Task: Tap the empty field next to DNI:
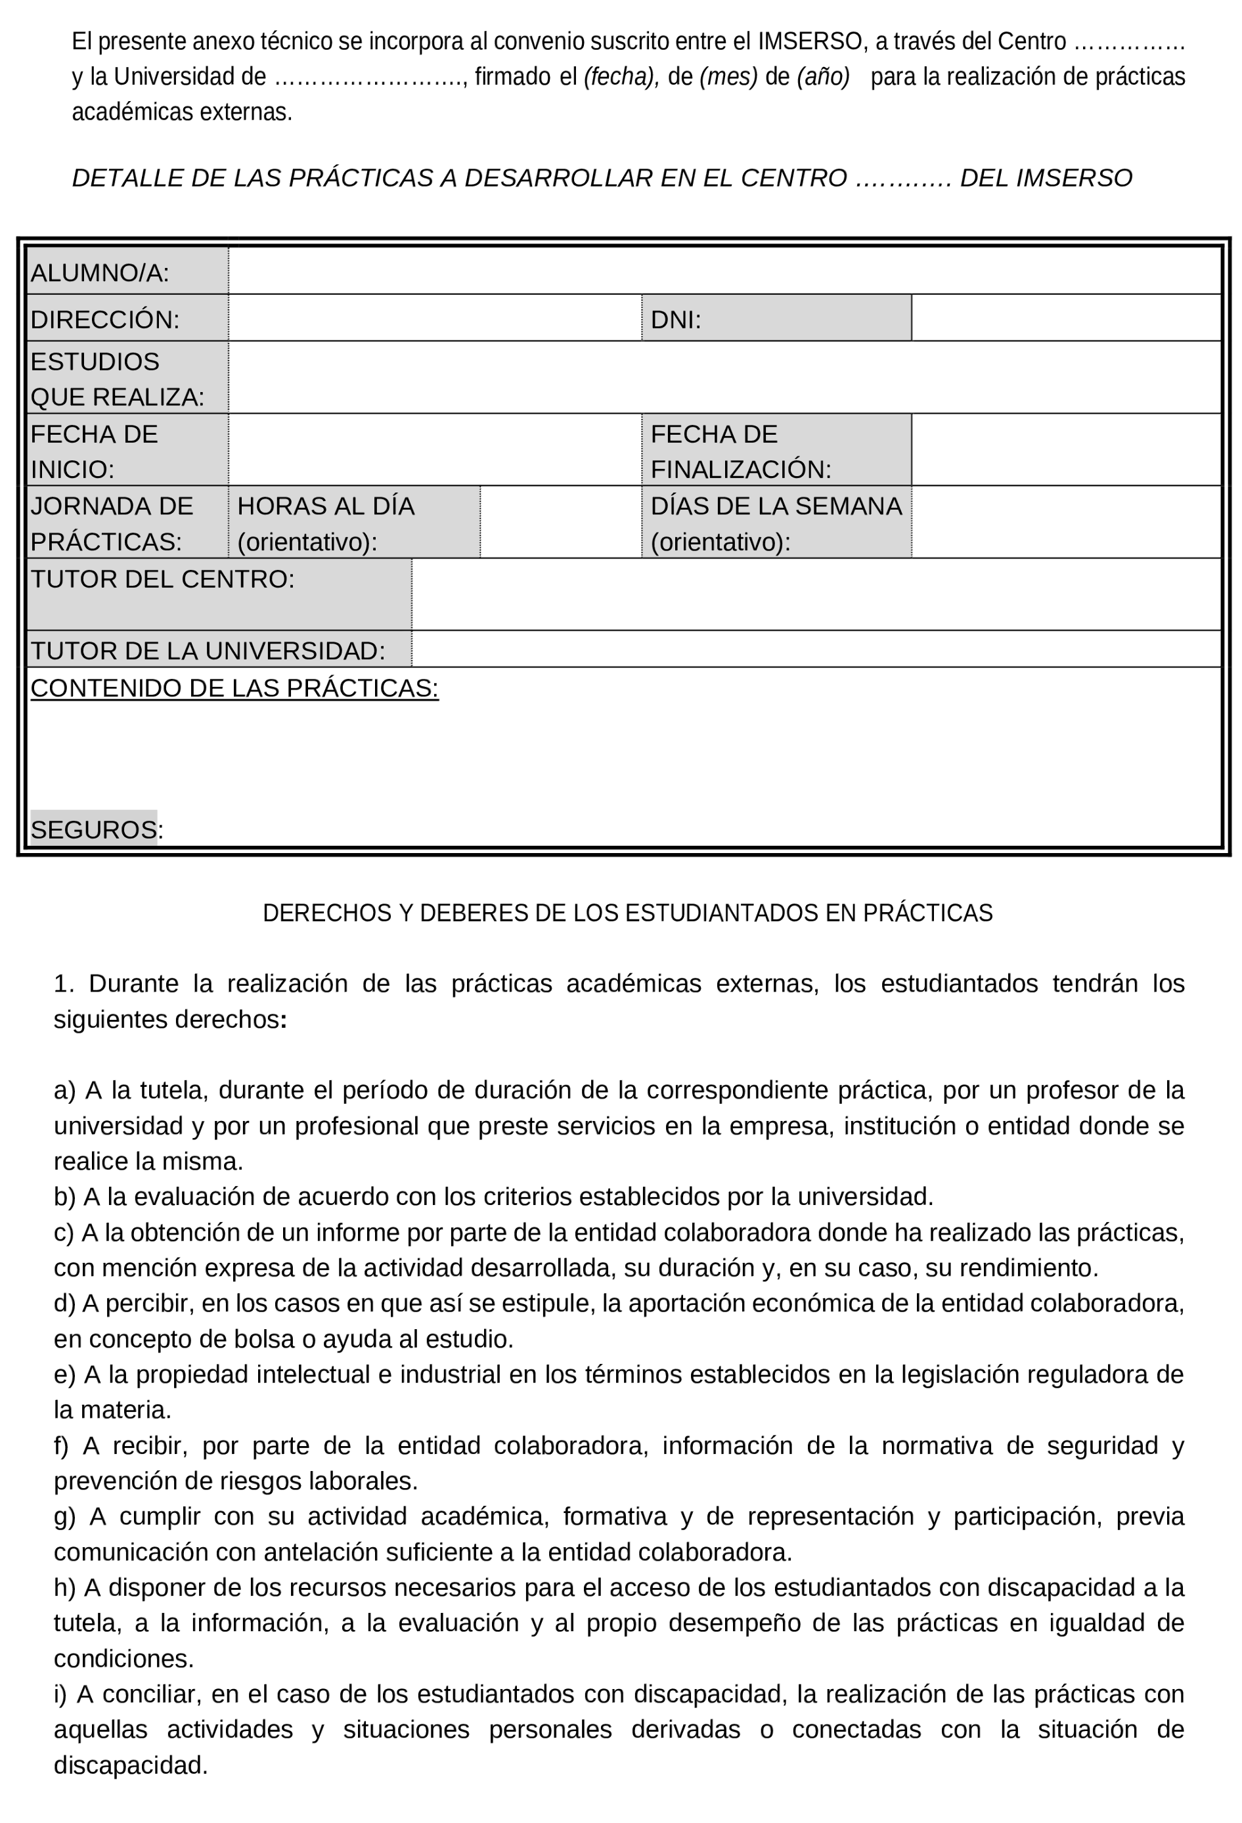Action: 1065,318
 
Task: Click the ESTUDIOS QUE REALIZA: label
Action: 117,379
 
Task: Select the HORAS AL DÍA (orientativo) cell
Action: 326,523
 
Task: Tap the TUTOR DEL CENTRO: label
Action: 162,579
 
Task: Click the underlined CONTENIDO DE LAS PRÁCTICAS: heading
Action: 234,688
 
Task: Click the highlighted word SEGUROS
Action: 93,829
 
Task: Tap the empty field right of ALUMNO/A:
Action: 723,271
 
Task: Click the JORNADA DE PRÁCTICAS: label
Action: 112,523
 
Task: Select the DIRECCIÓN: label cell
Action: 105,319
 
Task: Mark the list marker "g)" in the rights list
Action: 64,1516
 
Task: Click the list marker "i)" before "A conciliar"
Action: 60,1694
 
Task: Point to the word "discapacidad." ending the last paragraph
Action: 130,1765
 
